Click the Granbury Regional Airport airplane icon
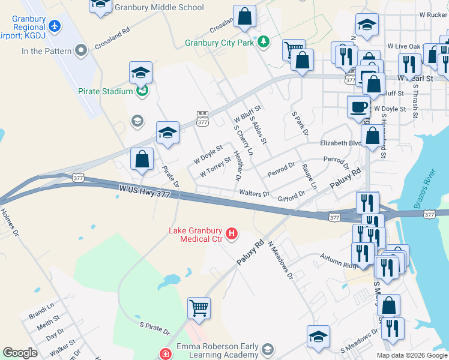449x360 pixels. coord(55,26)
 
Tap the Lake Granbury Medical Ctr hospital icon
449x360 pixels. coord(231,233)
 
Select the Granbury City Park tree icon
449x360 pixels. coord(263,42)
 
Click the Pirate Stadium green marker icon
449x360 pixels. coord(142,91)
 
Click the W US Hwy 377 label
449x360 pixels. coord(145,191)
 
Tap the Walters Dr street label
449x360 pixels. coord(253,193)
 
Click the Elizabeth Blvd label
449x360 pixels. coord(341,143)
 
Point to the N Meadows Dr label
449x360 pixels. coord(280,260)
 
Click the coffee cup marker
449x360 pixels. coord(359,106)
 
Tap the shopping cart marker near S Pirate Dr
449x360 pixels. coord(199,308)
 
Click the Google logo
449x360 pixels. coord(20,353)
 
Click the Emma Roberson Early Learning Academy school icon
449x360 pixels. coord(267,349)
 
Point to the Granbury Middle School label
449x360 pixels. coord(159,8)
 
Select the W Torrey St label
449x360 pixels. coord(215,167)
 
